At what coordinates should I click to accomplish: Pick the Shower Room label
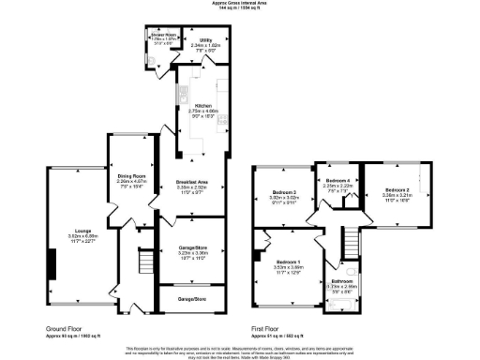pyautogui.click(x=164, y=36)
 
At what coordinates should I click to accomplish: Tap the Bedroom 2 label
pyautogui.click(x=396, y=191)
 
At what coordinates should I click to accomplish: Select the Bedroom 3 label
pyautogui.click(x=284, y=192)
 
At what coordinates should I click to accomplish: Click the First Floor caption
pyautogui.click(x=270, y=328)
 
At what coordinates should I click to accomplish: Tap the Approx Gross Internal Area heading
pyautogui.click(x=240, y=4)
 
